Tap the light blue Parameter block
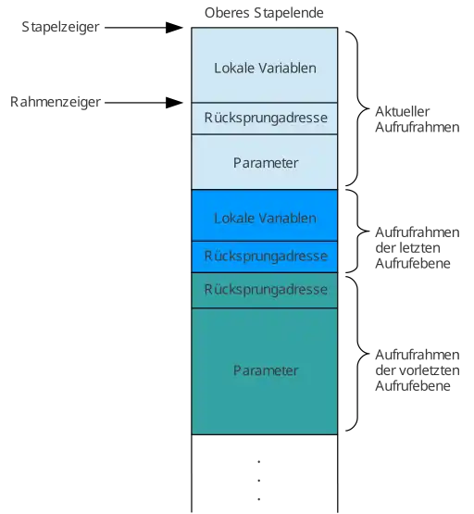[265, 162]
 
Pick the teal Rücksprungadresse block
[265, 290]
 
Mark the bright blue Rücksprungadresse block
[265, 256]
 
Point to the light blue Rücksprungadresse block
[265, 119]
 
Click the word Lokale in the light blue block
[233, 68]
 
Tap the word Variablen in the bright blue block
[286, 219]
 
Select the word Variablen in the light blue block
[286, 68]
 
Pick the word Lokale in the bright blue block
[233, 219]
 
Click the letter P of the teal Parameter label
[236, 370]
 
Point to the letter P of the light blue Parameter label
[236, 163]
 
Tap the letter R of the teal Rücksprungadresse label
[208, 290]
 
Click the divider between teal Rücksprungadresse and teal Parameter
[265, 307]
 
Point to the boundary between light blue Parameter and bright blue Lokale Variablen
[265, 189]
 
